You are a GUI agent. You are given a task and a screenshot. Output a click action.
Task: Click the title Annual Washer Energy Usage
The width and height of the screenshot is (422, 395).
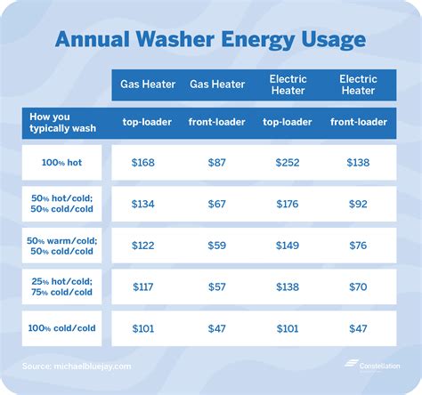coord(210,39)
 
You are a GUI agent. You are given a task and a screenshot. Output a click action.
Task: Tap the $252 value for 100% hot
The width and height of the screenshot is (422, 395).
coord(288,163)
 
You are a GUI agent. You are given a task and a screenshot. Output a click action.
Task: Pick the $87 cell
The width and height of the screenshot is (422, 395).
coord(216,163)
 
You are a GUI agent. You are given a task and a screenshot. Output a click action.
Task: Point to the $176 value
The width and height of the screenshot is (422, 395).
coord(288,205)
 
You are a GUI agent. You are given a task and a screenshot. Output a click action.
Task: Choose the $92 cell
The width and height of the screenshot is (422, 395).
coord(359,205)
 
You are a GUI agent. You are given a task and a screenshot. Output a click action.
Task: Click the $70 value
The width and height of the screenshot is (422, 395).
coord(359,286)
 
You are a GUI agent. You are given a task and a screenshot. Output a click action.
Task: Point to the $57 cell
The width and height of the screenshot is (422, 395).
coord(216,286)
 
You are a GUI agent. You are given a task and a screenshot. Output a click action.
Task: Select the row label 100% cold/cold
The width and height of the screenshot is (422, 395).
coord(61,328)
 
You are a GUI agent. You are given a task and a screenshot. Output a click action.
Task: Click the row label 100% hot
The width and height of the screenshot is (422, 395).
coord(61,163)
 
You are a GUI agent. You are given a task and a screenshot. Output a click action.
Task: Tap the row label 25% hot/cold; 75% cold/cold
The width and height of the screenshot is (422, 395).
coord(61,286)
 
